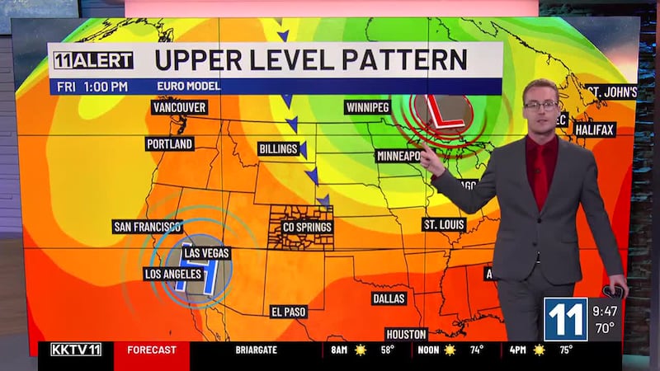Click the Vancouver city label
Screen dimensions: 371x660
(179, 107)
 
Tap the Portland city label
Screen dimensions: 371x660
(170, 143)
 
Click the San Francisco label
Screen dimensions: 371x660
(148, 227)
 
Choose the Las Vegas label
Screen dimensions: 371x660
(206, 253)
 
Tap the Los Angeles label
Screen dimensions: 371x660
(172, 273)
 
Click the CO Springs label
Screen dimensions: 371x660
(307, 227)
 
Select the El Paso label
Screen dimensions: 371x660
(289, 312)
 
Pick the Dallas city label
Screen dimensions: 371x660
(389, 298)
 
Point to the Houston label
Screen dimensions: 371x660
(406, 334)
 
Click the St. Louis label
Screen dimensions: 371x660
(444, 224)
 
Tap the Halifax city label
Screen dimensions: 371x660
(595, 130)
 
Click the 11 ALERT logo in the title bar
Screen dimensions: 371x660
(93, 60)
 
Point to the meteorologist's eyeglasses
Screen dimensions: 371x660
(540, 105)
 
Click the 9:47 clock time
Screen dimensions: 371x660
(605, 312)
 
